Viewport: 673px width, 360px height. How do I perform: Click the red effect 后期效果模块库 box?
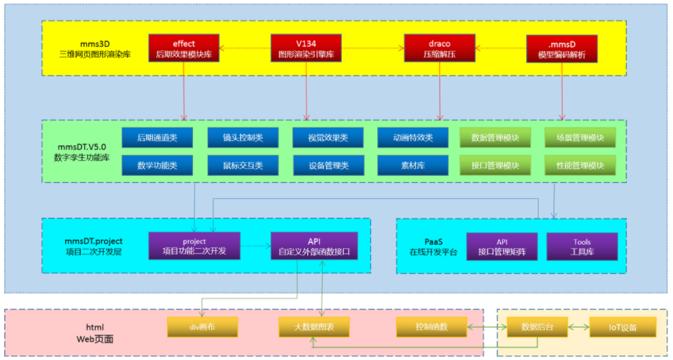point(184,49)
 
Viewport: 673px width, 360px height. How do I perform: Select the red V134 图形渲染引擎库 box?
point(306,49)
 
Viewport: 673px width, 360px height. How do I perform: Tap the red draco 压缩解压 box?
point(440,49)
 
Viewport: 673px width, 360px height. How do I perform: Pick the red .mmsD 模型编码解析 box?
point(562,49)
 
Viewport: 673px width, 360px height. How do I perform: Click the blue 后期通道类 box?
point(157,138)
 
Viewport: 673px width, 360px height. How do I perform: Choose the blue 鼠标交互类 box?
point(243,165)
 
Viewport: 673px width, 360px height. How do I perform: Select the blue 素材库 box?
point(413,165)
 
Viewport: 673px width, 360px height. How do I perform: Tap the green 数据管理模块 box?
point(495,138)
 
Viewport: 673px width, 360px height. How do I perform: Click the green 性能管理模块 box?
point(580,165)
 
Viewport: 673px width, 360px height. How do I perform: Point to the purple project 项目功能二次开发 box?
point(195,246)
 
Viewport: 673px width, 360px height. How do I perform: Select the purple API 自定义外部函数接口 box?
point(314,246)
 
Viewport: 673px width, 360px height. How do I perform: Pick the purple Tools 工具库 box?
point(582,247)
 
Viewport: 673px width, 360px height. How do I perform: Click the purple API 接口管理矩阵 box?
point(502,247)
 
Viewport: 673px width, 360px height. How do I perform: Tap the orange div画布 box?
point(202,327)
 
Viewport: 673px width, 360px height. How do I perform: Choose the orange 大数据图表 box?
point(314,327)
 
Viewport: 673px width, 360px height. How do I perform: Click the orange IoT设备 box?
point(623,327)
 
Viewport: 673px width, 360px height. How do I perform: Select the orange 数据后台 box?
point(538,327)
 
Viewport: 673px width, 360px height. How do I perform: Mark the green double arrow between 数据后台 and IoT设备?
point(579,327)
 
